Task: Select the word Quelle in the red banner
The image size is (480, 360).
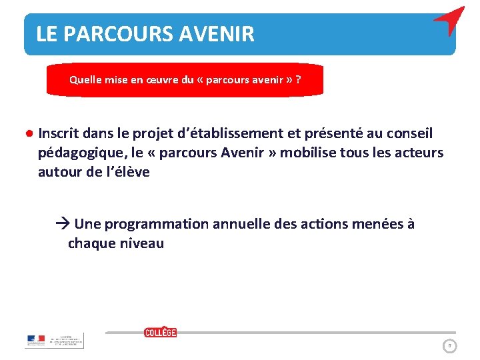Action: tap(85, 80)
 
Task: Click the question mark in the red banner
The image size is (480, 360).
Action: tap(297, 80)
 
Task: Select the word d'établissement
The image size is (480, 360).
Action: tap(227, 133)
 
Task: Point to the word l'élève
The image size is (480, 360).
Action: tap(127, 172)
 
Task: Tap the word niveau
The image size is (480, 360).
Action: tap(141, 243)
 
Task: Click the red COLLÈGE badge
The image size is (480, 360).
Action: tap(161, 332)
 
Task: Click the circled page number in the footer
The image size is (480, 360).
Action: tap(450, 345)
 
